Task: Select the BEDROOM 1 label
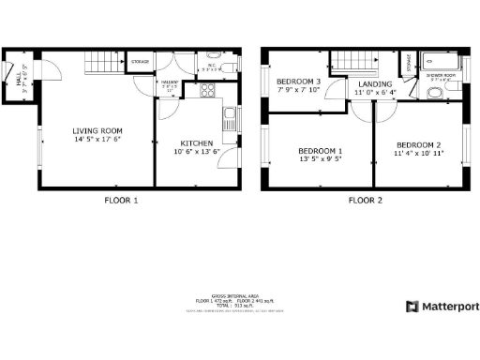coord(320,151)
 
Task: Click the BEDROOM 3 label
coord(298,82)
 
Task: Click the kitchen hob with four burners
coord(207,91)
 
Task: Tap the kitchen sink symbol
coord(228,119)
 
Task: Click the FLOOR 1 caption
coord(121,200)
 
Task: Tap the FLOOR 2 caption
coord(366,200)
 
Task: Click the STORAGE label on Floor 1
coord(140,61)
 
